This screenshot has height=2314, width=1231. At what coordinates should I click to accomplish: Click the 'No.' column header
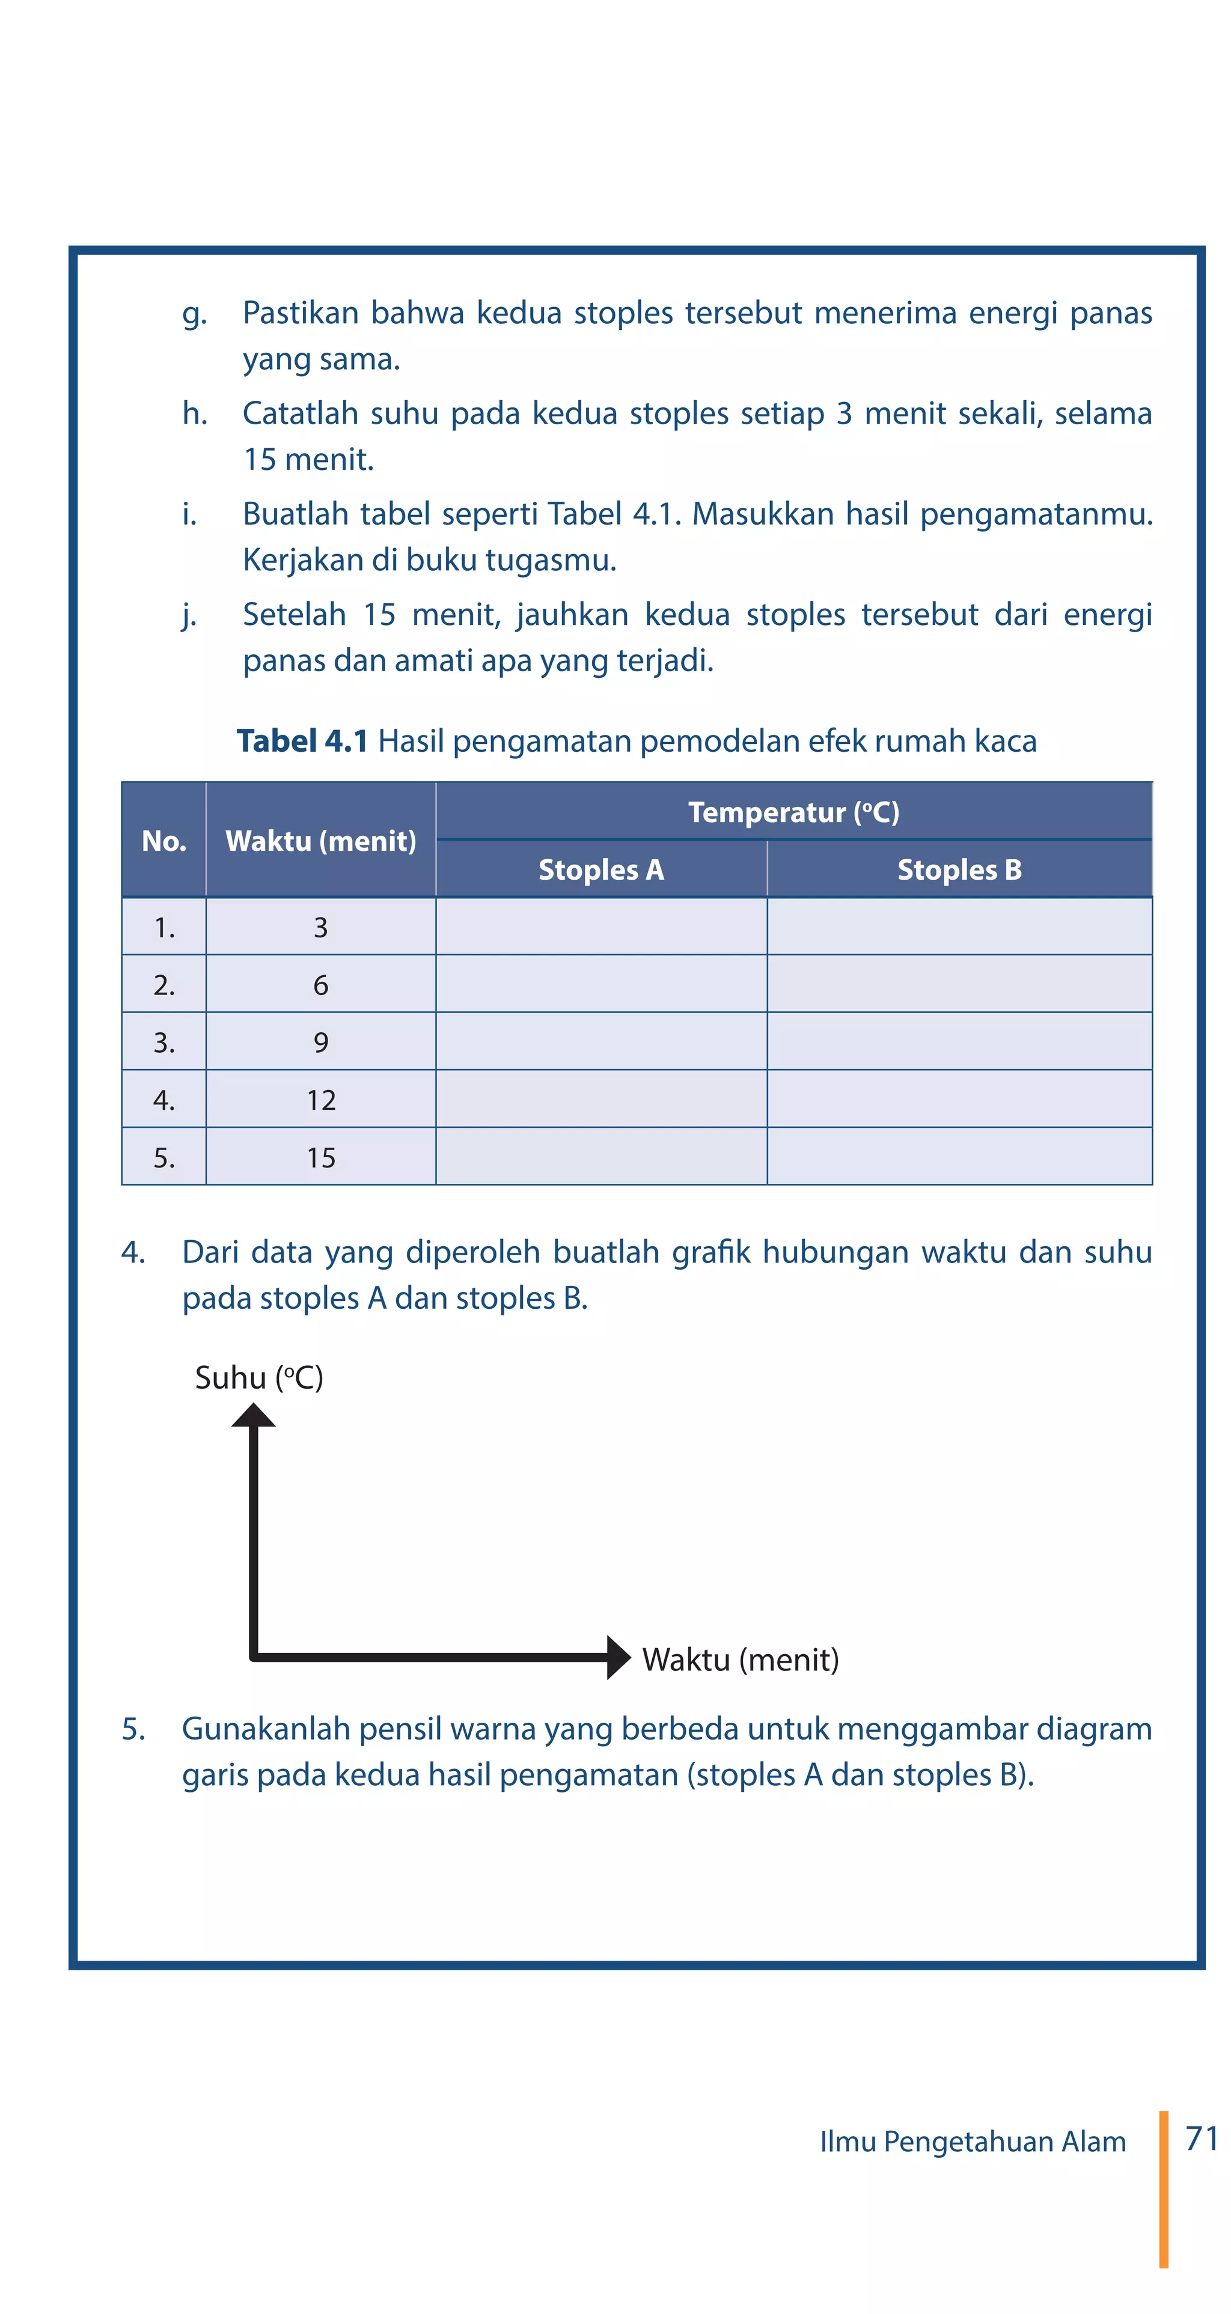[163, 841]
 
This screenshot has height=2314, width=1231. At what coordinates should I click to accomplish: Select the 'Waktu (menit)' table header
[321, 841]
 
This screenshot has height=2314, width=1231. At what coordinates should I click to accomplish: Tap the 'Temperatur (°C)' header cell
[793, 812]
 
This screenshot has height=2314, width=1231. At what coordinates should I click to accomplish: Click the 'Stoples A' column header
[600, 869]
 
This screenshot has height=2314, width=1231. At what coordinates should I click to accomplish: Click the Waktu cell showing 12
[321, 1100]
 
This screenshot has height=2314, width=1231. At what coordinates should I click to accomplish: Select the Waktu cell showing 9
[321, 1042]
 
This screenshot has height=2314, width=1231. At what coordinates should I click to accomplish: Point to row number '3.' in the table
[163, 1042]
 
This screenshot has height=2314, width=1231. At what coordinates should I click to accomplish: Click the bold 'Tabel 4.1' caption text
[302, 741]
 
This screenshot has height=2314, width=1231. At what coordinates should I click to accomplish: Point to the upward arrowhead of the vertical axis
[254, 1415]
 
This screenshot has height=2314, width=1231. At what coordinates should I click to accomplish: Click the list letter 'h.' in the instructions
[195, 413]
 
